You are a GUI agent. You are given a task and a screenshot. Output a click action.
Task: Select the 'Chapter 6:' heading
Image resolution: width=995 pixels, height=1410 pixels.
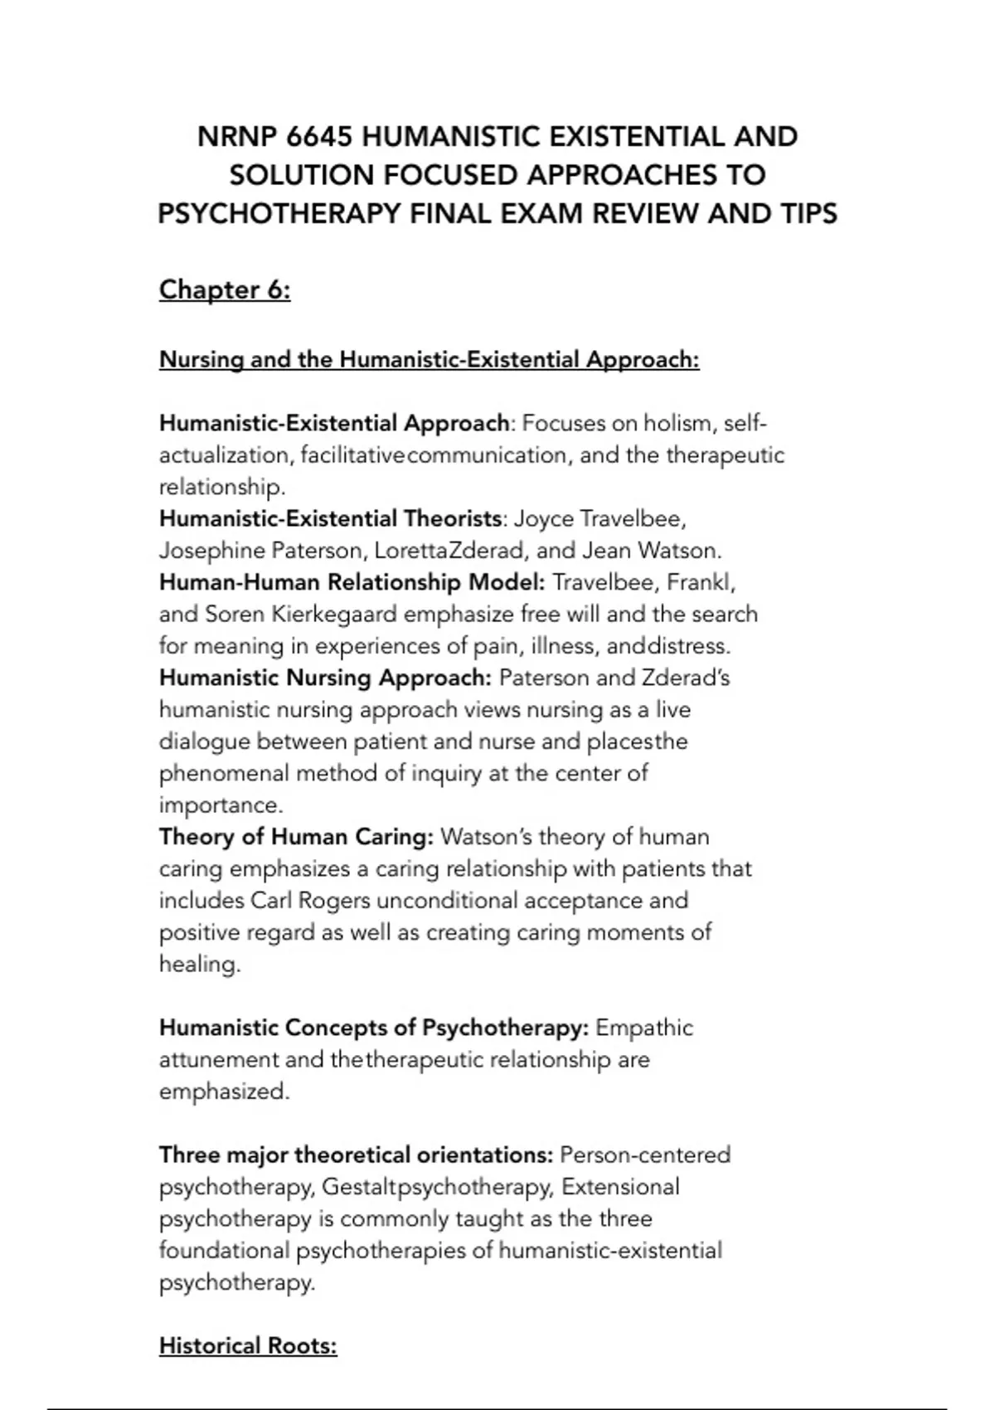click(225, 289)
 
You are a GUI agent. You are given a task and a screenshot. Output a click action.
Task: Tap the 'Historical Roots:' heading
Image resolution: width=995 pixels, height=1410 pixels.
click(248, 1345)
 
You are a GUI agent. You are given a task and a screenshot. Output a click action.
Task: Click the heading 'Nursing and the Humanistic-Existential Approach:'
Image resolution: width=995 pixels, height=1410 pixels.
click(429, 360)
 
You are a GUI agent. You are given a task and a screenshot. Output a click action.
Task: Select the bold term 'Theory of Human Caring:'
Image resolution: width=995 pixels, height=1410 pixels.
click(296, 837)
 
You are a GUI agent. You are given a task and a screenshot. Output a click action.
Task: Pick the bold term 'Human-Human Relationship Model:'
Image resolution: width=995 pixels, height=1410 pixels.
click(352, 582)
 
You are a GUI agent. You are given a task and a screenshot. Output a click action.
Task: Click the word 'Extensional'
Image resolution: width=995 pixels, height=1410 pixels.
click(620, 1187)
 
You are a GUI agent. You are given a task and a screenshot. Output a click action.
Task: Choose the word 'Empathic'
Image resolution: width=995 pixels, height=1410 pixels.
click(644, 1028)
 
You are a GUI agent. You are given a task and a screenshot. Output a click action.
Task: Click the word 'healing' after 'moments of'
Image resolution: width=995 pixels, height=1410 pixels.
click(199, 965)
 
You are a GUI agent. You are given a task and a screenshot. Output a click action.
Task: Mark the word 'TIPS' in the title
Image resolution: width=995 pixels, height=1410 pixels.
click(808, 214)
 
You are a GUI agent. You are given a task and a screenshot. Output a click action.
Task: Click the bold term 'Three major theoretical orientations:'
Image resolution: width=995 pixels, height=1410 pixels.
click(356, 1155)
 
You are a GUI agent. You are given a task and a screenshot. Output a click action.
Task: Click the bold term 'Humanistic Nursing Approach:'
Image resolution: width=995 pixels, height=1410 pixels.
click(326, 678)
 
